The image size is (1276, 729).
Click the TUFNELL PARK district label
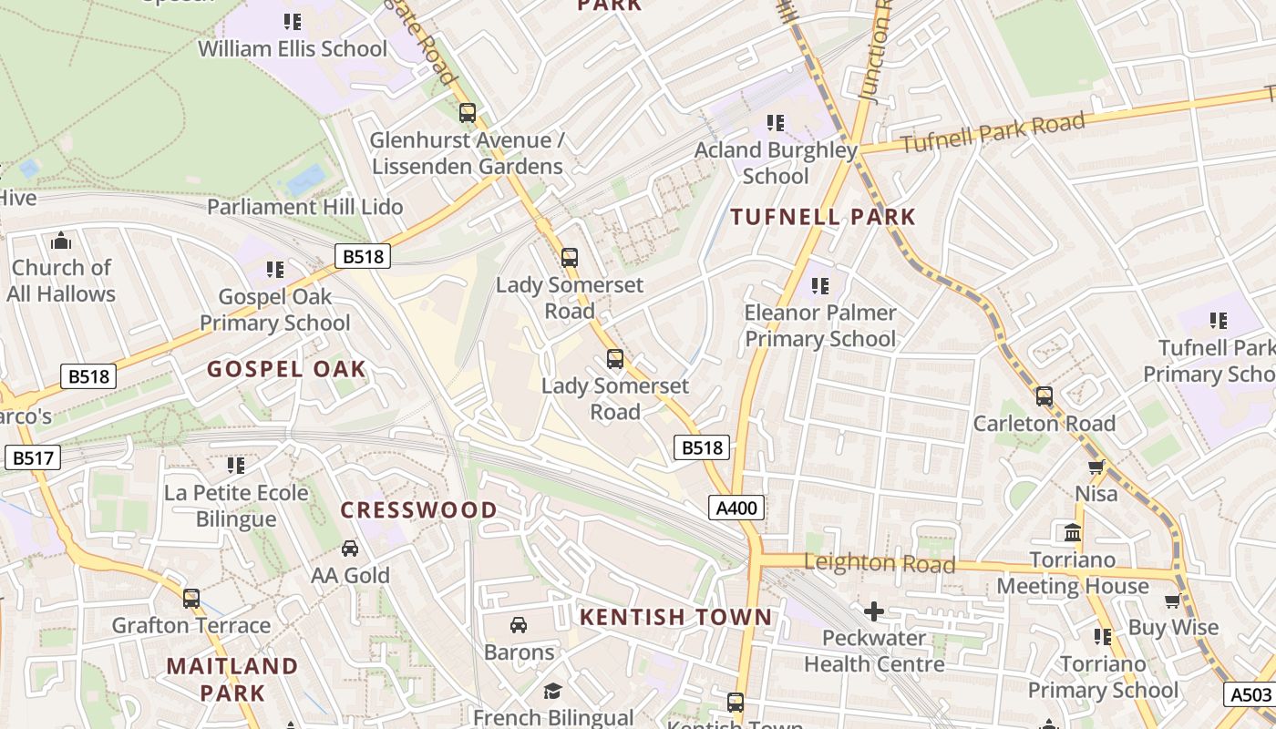pos(822,217)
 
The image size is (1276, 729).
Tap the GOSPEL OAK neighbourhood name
pos(286,369)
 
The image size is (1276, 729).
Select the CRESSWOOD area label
pos(419,509)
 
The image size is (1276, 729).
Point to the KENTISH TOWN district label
pos(676,617)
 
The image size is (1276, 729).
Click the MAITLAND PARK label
pos(232,679)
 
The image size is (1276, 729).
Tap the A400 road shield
pos(736,508)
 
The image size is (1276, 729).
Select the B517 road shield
pos(33,457)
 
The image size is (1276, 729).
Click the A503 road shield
pos(1250,694)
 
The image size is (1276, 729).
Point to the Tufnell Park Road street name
pos(993,133)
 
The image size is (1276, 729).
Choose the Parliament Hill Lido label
pos(305,207)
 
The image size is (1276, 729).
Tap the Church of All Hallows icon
pos(61,241)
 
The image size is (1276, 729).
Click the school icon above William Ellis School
pos(293,21)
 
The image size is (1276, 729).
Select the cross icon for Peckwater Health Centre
pos(874,611)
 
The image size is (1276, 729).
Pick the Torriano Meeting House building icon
pos(1073,532)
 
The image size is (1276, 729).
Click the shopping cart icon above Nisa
pos(1096,467)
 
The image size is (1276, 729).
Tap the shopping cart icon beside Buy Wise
pos(1173,601)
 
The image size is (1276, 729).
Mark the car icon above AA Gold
pos(350,549)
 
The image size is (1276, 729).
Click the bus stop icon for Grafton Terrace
pos(191,599)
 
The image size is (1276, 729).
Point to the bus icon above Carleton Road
pos(1044,396)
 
